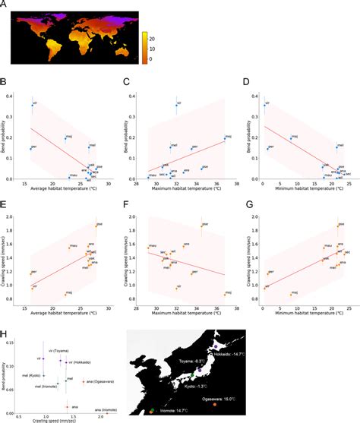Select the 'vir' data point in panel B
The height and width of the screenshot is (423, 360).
pyautogui.click(x=33, y=106)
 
